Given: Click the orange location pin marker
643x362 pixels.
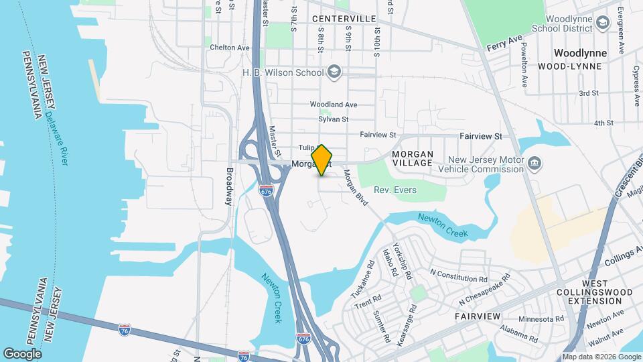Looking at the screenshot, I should pyautogui.click(x=322, y=160).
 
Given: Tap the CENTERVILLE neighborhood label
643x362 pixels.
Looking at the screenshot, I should pyautogui.click(x=344, y=19).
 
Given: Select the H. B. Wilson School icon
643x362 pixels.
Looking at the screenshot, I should pyautogui.click(x=334, y=71).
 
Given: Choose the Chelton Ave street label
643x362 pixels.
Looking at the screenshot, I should pyautogui.click(x=229, y=48).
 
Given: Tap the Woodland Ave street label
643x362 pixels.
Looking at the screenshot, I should pyautogui.click(x=333, y=105).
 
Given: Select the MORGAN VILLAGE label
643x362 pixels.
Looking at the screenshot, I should pyautogui.click(x=413, y=159).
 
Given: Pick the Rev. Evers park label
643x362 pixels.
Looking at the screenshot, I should pyautogui.click(x=395, y=190).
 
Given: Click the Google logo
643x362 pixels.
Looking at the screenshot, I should pyautogui.click(x=22, y=353).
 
